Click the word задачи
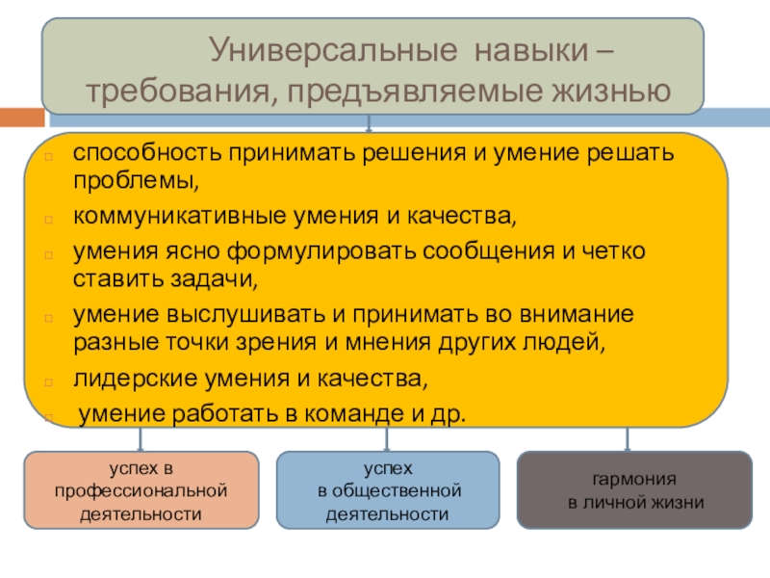(210, 278)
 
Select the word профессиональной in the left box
(141, 491)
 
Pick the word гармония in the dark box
(635, 480)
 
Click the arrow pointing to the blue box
(387, 441)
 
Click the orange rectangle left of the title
(21, 118)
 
